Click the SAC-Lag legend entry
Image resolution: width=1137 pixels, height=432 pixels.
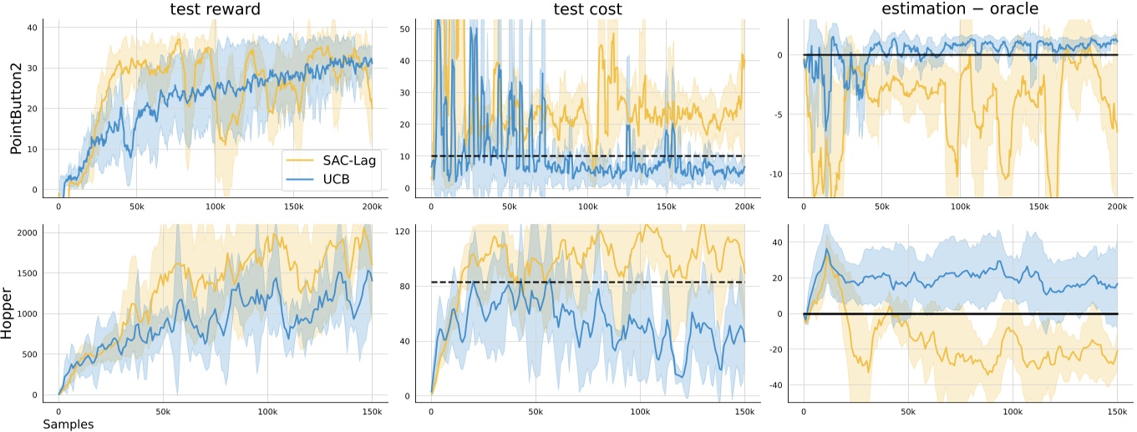332,159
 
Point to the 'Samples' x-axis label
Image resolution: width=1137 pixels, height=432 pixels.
68,424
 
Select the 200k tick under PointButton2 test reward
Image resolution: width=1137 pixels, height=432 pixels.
372,206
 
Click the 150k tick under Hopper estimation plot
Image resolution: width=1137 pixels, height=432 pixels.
1117,412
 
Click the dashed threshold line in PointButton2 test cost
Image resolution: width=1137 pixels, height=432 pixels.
585,156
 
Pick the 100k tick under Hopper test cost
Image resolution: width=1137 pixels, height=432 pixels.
640,412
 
